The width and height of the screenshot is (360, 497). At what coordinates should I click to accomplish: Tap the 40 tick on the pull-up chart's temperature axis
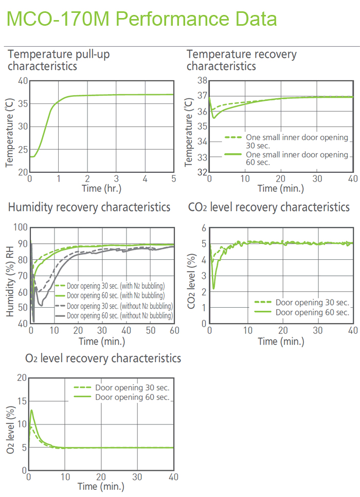point(23,81)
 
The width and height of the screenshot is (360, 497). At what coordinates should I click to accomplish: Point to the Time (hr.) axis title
point(101,188)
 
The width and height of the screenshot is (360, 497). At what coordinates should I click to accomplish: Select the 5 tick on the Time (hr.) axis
point(173,179)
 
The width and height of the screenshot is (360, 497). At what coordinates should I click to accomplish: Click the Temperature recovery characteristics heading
point(241,60)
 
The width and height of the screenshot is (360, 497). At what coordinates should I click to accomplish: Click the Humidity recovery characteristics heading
point(89,207)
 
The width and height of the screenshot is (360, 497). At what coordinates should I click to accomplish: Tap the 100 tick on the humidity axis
point(20,227)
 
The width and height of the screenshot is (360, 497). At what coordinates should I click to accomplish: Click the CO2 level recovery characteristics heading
point(269,207)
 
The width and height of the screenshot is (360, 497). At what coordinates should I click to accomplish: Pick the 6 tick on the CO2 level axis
point(203,228)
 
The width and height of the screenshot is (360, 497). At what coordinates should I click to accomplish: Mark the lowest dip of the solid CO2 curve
point(213,289)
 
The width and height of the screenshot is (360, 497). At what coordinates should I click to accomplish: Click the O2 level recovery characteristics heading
point(103,358)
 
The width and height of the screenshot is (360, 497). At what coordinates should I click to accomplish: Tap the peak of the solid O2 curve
point(32,410)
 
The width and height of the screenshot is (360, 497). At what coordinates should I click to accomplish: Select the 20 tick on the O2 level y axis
point(21,378)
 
